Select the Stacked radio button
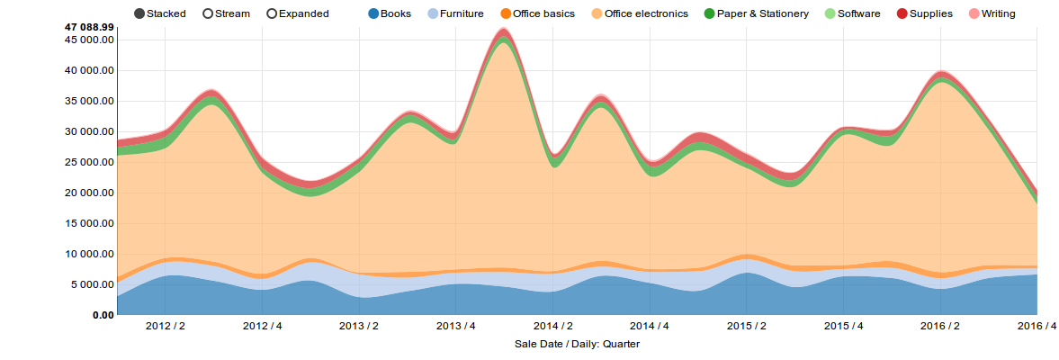(x=139, y=13)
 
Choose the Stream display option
(x=209, y=13)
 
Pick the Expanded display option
(x=273, y=13)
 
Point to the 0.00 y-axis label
(x=101, y=316)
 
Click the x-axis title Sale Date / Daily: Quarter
(x=577, y=344)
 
